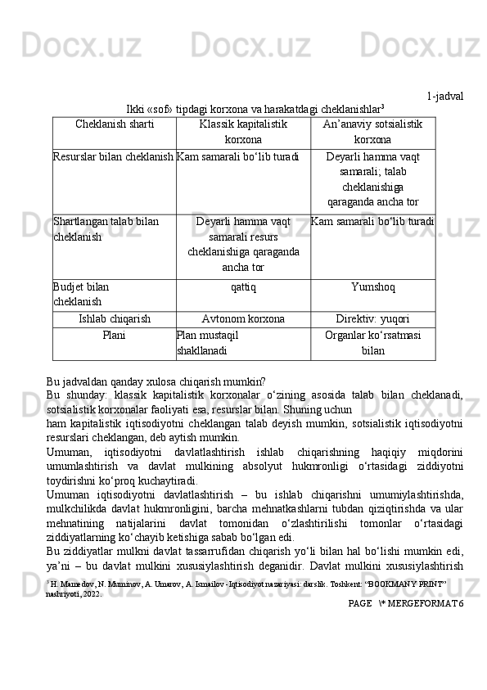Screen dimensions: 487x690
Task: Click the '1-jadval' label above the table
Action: point(444,97)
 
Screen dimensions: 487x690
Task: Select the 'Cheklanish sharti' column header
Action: point(114,124)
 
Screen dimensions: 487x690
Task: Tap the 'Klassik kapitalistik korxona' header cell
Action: point(243,131)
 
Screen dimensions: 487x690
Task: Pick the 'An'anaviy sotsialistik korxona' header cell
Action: point(372,131)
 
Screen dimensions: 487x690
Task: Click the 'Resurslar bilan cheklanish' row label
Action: point(114,156)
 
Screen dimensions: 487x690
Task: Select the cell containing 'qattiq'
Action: point(243,288)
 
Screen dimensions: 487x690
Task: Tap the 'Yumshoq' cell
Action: point(372,288)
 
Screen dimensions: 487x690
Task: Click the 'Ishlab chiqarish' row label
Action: point(114,318)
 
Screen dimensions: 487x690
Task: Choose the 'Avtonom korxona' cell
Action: point(243,318)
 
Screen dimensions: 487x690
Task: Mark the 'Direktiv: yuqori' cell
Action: point(372,318)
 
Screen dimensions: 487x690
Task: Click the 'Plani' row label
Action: point(114,334)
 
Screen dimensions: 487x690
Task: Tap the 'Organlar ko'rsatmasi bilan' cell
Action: point(372,341)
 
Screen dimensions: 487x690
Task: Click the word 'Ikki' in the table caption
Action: point(136,110)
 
